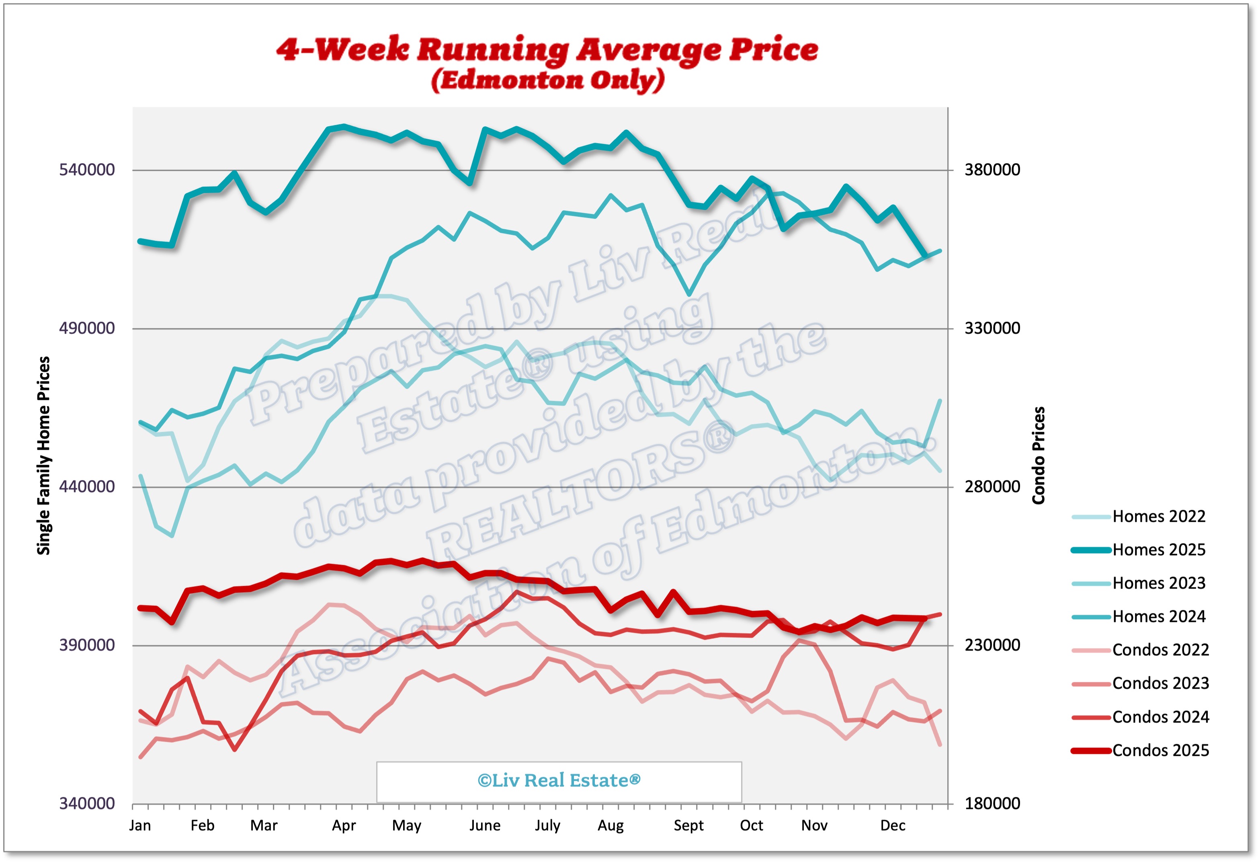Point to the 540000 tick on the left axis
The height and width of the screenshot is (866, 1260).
point(87,170)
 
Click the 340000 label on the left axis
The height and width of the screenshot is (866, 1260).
point(87,804)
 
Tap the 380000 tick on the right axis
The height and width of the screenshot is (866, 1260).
point(992,170)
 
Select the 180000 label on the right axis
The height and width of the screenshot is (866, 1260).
point(992,804)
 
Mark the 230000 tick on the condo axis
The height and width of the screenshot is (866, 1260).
point(992,645)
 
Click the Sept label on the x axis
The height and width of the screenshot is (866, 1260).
point(688,826)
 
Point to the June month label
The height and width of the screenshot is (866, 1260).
point(485,826)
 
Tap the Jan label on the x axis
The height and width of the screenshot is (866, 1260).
point(140,826)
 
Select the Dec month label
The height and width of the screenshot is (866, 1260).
point(893,826)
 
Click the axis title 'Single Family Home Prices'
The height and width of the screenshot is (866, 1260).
point(43,456)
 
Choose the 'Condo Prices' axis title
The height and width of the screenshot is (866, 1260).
point(1038,456)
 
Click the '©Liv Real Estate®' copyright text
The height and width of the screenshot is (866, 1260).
point(559,781)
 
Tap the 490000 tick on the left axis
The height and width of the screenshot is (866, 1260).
point(87,328)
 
